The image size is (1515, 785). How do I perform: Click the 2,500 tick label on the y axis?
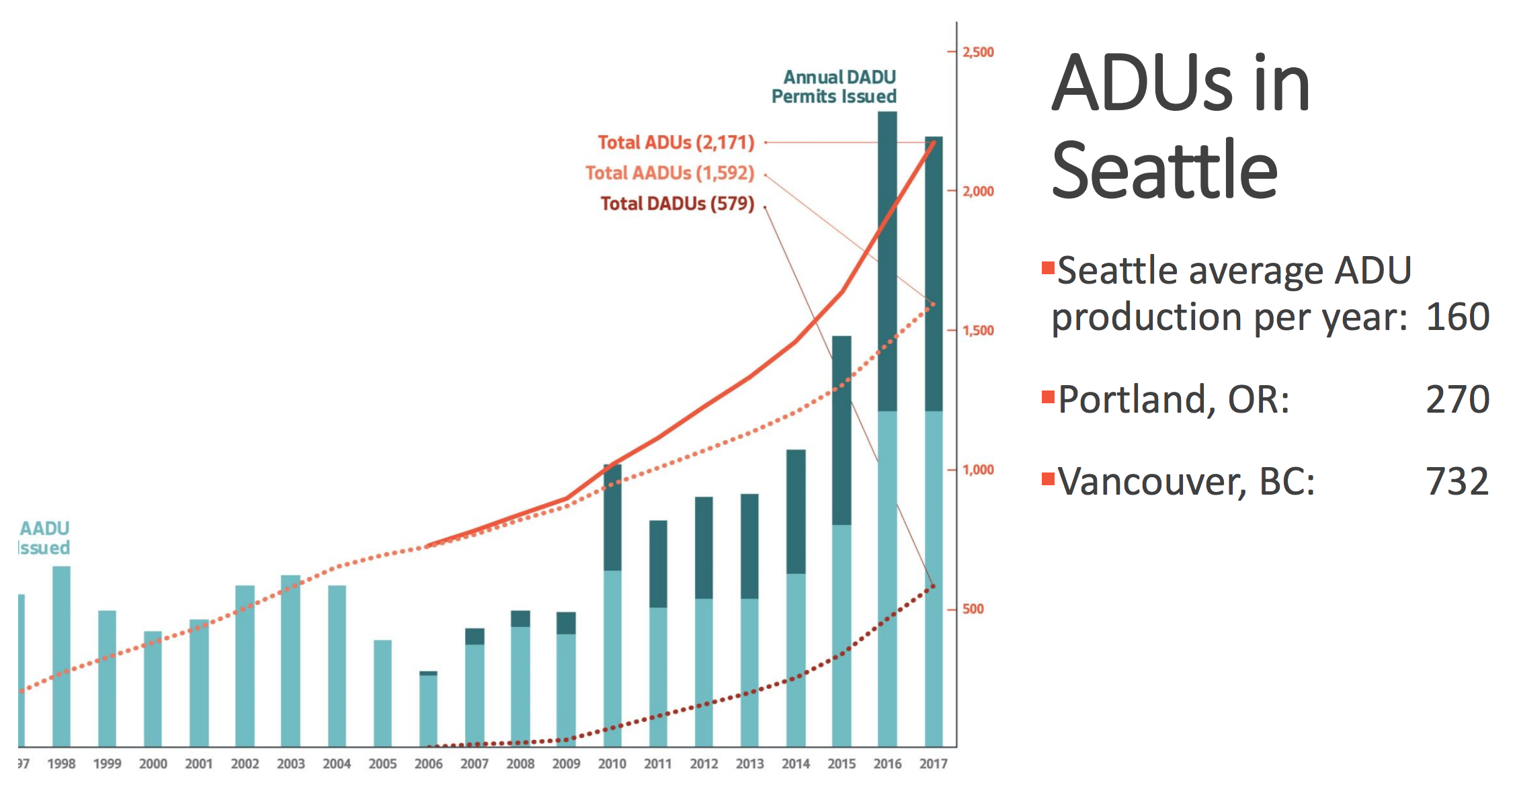click(978, 52)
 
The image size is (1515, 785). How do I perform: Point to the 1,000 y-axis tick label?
click(978, 470)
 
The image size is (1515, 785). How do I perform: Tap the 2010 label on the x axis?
click(612, 764)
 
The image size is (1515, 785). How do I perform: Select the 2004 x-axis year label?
click(337, 764)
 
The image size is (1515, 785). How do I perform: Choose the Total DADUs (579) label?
click(677, 204)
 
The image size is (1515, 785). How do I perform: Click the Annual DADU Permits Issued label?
click(834, 87)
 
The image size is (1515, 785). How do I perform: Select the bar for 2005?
click(382, 693)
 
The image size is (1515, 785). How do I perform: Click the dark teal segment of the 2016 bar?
click(887, 261)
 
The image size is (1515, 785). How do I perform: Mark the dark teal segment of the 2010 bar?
click(612, 518)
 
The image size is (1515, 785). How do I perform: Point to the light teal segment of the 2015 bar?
click(842, 635)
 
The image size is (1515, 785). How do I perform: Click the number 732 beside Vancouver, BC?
click(1457, 481)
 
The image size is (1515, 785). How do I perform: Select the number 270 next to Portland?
click(1457, 399)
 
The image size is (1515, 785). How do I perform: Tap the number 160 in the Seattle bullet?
click(1457, 317)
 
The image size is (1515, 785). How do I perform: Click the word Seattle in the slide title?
click(1164, 170)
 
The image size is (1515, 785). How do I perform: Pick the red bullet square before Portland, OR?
click(1047, 397)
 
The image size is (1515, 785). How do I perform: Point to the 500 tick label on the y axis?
click(973, 609)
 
